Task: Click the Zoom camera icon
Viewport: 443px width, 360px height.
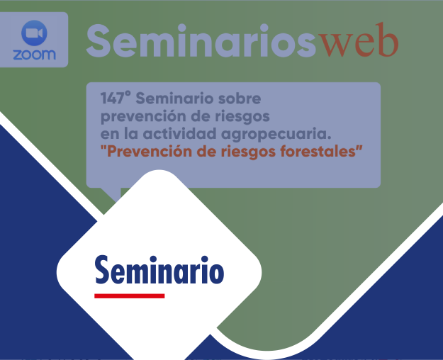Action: point(34,33)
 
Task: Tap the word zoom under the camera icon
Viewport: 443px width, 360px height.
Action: point(34,55)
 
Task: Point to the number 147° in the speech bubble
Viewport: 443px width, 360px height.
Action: point(116,99)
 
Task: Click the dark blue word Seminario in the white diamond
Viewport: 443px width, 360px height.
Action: point(159,270)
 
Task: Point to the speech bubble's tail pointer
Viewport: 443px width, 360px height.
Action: point(110,193)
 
